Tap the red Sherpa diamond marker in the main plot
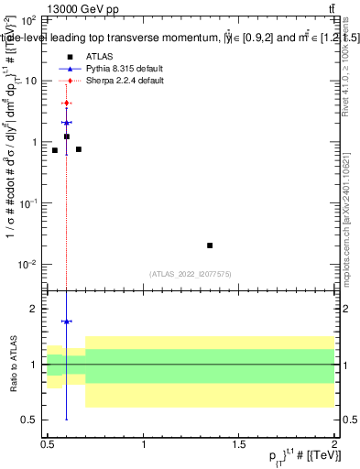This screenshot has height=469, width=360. tap(67, 104)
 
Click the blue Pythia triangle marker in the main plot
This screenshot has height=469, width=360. tap(67, 122)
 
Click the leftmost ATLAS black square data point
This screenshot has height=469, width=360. tap(55, 150)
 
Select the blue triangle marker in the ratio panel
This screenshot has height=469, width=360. tap(67, 322)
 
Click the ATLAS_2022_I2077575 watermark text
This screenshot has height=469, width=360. tap(191, 273)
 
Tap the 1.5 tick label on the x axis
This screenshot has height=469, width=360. tap(239, 442)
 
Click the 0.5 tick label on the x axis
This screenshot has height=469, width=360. tap(48, 442)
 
